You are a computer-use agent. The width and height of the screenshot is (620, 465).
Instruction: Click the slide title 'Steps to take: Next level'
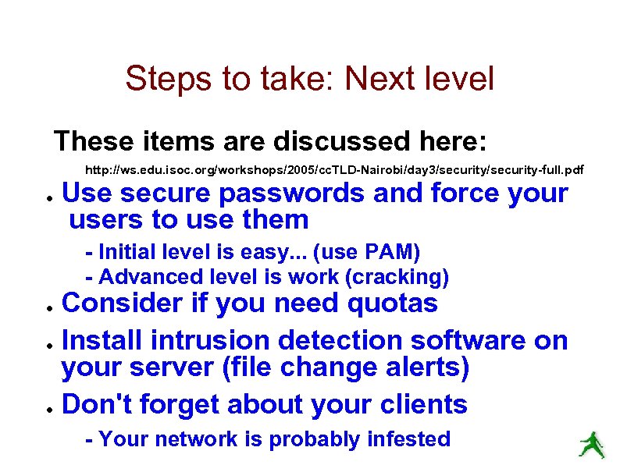pyautogui.click(x=309, y=79)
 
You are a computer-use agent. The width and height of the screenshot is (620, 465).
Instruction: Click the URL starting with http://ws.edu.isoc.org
pyautogui.click(x=333, y=169)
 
